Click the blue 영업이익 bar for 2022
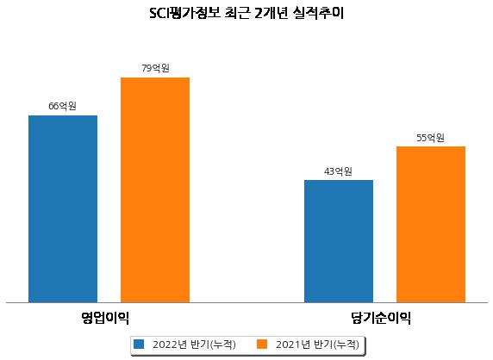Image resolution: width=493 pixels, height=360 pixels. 63,209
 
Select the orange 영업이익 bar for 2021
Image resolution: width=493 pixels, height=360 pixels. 155,190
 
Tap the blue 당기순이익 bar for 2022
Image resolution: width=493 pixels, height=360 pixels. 339,241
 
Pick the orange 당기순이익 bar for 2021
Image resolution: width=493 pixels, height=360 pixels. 431,224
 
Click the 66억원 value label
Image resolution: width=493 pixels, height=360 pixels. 62,106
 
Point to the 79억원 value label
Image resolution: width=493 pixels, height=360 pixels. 155,68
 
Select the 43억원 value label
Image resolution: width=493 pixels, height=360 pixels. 338,171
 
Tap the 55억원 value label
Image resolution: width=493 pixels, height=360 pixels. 430,138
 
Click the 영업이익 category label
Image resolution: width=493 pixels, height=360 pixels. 105,318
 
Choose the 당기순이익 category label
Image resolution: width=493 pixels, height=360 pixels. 381,318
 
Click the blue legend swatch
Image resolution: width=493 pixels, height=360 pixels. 139,344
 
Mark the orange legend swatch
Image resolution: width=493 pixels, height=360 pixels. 262,344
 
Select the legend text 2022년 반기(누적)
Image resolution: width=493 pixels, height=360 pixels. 194,344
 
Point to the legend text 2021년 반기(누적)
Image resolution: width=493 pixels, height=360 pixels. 317,344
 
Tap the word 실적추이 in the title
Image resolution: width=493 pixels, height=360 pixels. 318,13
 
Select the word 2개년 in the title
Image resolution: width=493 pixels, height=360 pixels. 271,13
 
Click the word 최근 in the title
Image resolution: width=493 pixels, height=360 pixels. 237,13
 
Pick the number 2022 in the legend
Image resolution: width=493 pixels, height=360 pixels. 165,344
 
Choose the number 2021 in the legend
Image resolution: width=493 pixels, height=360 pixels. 288,344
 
